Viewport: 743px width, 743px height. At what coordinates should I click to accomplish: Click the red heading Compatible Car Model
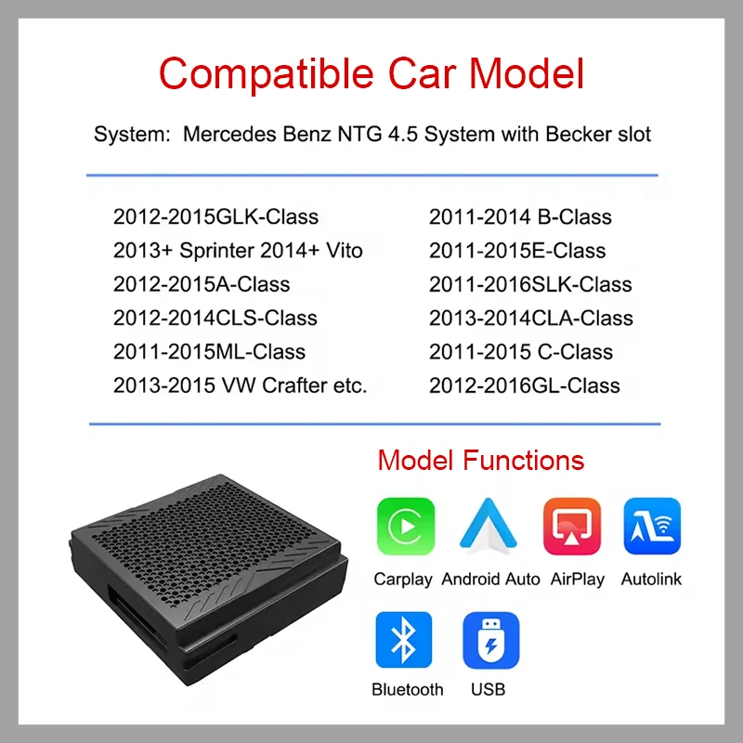[x=371, y=73]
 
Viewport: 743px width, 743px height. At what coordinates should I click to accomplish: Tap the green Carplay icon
[x=405, y=527]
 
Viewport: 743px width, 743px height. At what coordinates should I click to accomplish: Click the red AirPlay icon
[x=572, y=527]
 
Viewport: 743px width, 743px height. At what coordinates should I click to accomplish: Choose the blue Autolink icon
[x=652, y=527]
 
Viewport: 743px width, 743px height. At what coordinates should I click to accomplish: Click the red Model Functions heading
[x=480, y=460]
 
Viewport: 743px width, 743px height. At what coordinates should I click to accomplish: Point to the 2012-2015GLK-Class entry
[x=215, y=217]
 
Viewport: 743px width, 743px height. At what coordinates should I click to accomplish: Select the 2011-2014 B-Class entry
[x=520, y=217]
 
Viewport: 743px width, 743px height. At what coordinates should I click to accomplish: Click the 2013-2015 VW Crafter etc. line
[x=241, y=385]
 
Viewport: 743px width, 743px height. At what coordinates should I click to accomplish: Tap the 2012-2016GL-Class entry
[x=524, y=385]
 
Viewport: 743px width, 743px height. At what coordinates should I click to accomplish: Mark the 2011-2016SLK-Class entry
[x=530, y=284]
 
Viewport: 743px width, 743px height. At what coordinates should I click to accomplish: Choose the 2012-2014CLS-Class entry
[x=215, y=318]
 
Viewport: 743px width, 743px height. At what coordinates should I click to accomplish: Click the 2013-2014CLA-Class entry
[x=530, y=318]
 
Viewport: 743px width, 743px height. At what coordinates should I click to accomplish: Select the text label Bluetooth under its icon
[x=407, y=689]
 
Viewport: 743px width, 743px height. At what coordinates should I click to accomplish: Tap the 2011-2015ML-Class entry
[x=209, y=351]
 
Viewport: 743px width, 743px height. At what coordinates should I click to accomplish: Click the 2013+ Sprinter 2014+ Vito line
[x=238, y=251]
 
